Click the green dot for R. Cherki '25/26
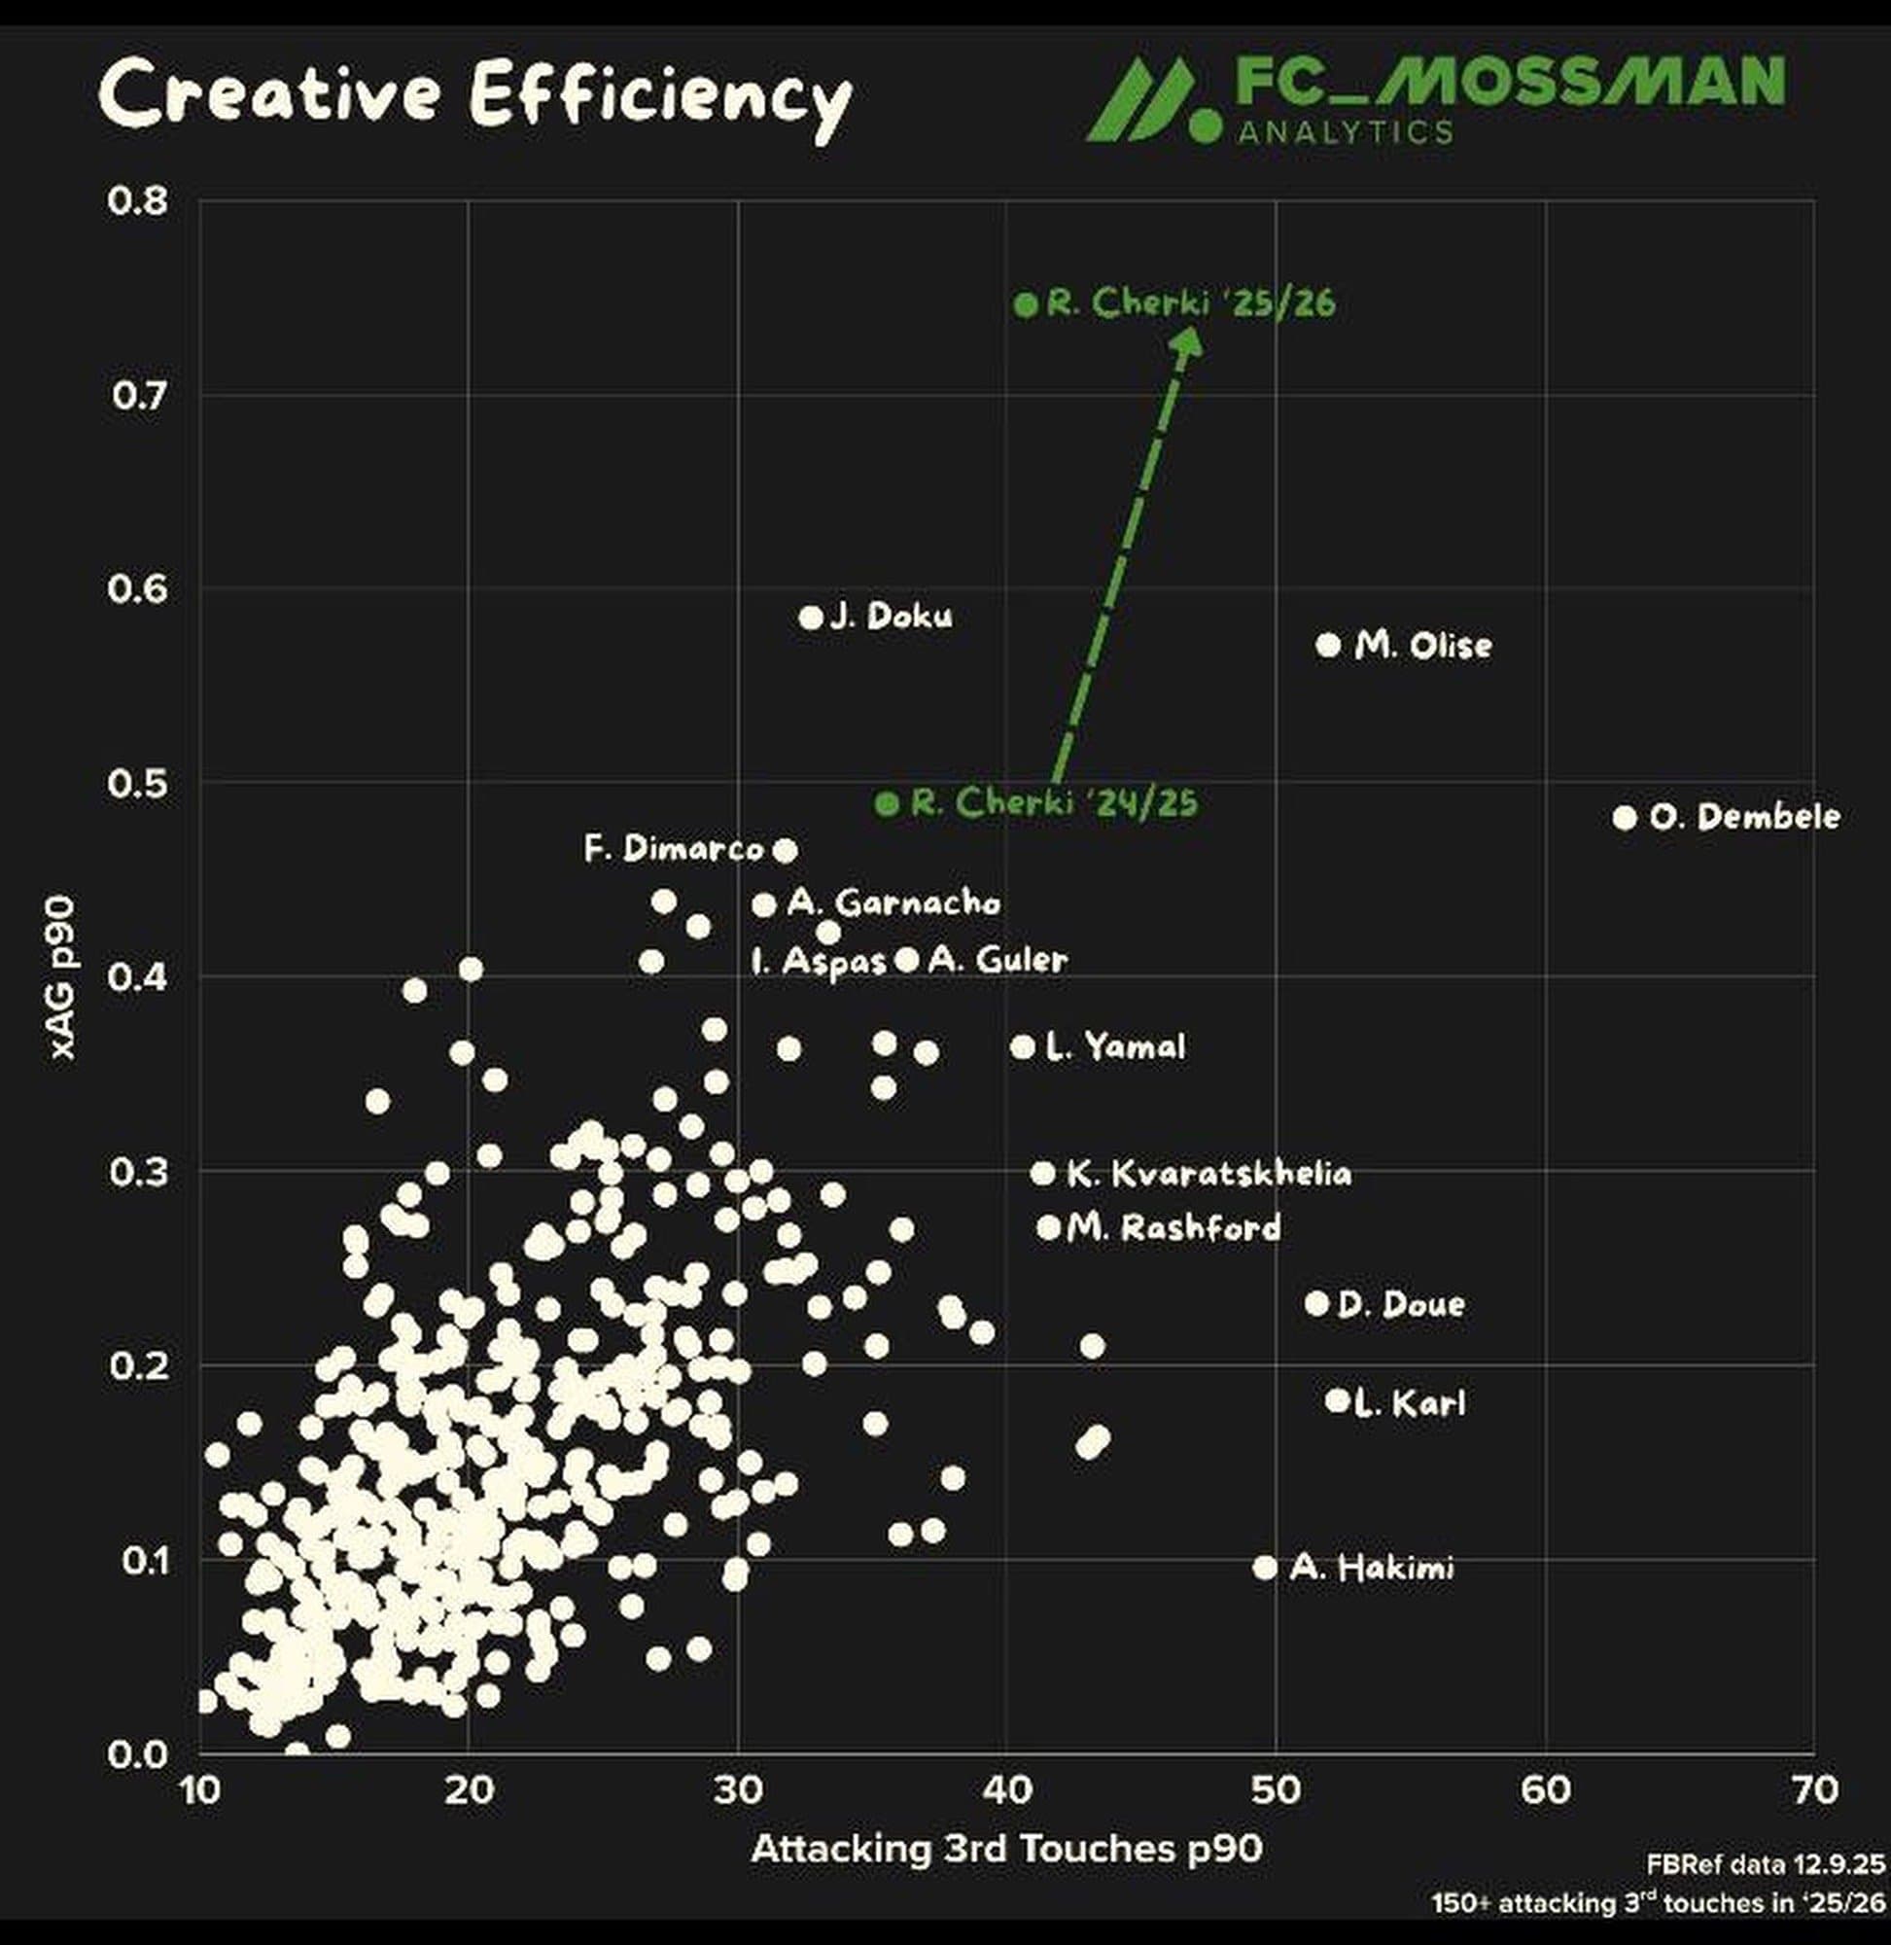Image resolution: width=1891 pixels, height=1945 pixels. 1026,304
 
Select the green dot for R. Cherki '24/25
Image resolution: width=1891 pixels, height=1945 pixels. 886,802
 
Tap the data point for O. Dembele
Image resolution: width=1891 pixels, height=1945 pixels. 1624,818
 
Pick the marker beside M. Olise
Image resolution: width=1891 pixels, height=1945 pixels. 1328,645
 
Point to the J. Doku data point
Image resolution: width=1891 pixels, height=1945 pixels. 811,617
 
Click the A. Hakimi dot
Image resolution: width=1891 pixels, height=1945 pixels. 1264,1567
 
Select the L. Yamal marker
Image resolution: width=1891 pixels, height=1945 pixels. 1023,1046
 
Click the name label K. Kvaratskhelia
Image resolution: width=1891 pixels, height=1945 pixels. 1208,1173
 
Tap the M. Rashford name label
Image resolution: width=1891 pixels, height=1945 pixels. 1173,1228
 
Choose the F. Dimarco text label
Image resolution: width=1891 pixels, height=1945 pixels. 674,849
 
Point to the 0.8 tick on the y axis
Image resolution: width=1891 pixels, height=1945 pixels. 139,201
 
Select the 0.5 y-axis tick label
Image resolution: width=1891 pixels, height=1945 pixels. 139,784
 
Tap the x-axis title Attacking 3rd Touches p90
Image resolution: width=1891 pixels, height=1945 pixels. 1006,1849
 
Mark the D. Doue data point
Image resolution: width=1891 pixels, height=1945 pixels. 1316,1302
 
